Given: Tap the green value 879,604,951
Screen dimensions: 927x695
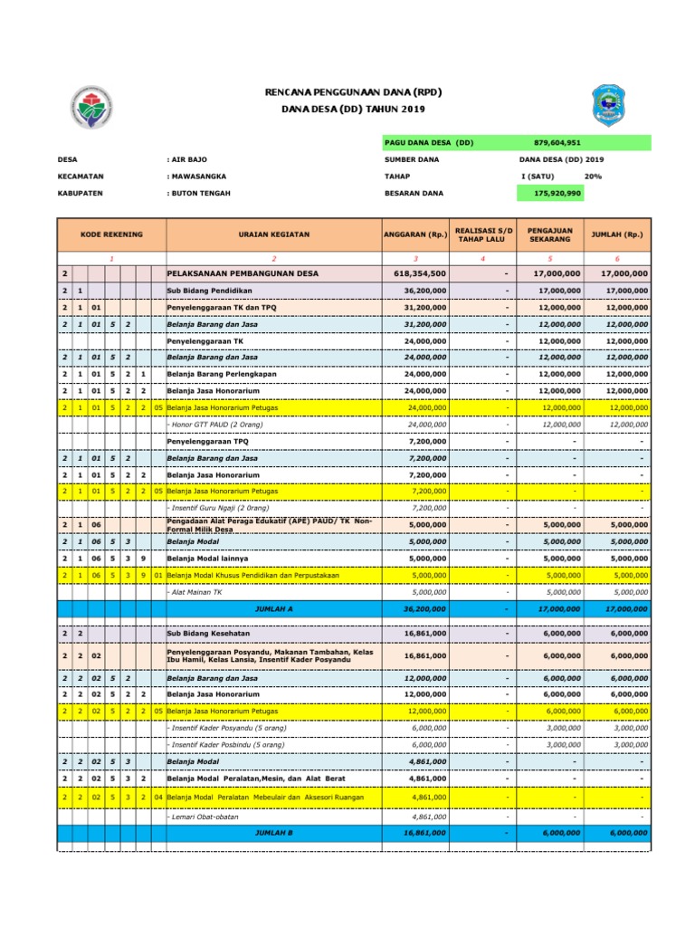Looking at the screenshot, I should [x=557, y=143].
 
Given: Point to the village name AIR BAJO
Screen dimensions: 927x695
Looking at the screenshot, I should [x=187, y=159].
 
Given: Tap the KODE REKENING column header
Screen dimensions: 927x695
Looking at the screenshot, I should [x=111, y=234].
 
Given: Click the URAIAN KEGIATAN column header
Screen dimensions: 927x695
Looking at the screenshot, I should [x=273, y=234].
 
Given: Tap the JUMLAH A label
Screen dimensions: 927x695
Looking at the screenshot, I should [x=274, y=609].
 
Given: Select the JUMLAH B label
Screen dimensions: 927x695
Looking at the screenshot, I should [x=274, y=832].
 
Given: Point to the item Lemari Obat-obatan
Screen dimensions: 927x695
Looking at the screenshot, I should [x=204, y=816].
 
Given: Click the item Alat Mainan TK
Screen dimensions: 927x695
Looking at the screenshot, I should [x=196, y=592].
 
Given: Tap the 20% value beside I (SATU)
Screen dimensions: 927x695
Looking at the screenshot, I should [x=594, y=177].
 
